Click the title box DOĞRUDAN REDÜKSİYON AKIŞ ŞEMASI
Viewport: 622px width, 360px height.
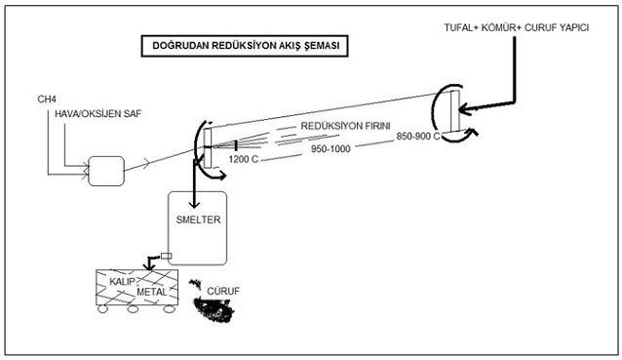[245, 46]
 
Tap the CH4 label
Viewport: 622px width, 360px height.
[47, 99]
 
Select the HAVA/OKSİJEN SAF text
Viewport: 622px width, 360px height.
[98, 114]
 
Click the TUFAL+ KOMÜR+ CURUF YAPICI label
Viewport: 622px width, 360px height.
[517, 27]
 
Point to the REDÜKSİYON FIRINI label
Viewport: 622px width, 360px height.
[345, 126]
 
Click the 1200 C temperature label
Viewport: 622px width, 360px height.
[244, 160]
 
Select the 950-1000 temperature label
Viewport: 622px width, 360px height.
[330, 149]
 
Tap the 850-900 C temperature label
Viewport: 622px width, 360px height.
[418, 137]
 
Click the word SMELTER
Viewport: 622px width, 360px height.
[198, 220]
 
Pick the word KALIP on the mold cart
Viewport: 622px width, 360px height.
[122, 282]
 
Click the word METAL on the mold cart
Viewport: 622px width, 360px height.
[152, 292]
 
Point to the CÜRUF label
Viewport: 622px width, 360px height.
[223, 292]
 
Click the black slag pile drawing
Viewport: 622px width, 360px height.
[213, 308]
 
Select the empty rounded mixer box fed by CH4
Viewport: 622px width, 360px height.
[106, 171]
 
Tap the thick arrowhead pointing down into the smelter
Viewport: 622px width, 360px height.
[194, 203]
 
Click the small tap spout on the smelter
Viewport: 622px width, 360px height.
[166, 256]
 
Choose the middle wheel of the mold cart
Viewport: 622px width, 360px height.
[133, 309]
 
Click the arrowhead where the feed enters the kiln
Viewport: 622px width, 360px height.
[465, 108]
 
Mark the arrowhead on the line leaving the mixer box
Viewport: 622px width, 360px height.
[146, 163]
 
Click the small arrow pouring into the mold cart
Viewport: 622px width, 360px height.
[151, 262]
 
